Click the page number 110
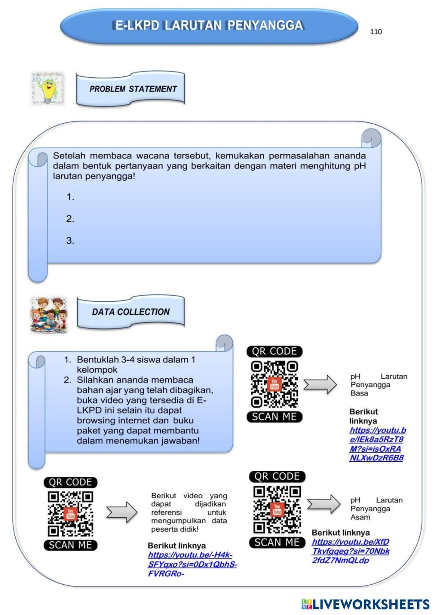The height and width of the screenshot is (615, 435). [x=376, y=32]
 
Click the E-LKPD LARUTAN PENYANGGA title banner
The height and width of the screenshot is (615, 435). [x=208, y=26]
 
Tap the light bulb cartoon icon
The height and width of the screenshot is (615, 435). [x=47, y=88]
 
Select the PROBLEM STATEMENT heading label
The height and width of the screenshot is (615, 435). [x=133, y=89]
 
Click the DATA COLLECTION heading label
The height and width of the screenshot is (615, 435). [x=130, y=312]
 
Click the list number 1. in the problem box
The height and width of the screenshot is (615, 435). [x=70, y=197]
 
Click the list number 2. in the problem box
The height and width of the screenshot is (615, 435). [x=70, y=219]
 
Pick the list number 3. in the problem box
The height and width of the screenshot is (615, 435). [x=70, y=241]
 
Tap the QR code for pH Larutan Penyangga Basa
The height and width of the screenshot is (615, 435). [x=274, y=384]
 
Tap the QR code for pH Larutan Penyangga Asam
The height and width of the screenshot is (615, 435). [x=277, y=509]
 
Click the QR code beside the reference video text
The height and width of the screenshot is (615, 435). [x=70, y=514]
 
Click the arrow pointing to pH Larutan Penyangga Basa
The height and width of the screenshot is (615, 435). [x=320, y=384]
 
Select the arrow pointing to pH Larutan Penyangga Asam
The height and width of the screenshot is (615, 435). [x=324, y=504]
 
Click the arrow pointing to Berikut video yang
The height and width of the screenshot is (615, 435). [x=122, y=512]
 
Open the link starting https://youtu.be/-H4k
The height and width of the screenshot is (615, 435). [x=191, y=564]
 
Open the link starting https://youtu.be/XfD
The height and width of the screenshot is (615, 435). [x=350, y=551]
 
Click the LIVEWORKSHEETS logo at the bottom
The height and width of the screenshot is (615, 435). [x=365, y=604]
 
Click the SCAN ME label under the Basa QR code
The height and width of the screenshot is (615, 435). [x=274, y=417]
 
